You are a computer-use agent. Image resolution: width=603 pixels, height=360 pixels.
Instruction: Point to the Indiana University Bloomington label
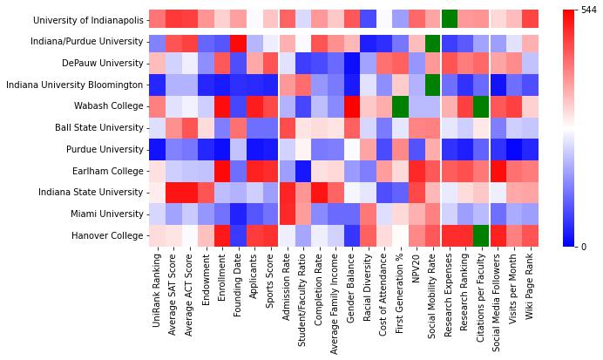tap(74, 85)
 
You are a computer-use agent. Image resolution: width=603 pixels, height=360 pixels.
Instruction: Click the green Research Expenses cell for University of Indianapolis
tap(450, 20)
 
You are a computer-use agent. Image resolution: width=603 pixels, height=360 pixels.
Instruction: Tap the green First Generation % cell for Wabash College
tap(401, 106)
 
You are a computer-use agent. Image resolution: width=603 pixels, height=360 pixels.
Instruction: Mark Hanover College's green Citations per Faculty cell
tap(482, 235)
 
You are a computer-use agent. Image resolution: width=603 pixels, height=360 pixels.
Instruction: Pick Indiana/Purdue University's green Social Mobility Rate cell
tap(433, 42)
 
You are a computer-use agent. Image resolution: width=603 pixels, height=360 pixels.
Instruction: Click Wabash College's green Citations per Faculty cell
tap(482, 106)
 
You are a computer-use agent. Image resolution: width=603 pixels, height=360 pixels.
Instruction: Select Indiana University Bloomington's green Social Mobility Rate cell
tap(433, 85)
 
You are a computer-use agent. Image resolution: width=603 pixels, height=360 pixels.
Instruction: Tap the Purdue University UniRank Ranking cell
tap(157, 149)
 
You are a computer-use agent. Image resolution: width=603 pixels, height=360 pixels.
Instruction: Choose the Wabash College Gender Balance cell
tap(352, 106)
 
